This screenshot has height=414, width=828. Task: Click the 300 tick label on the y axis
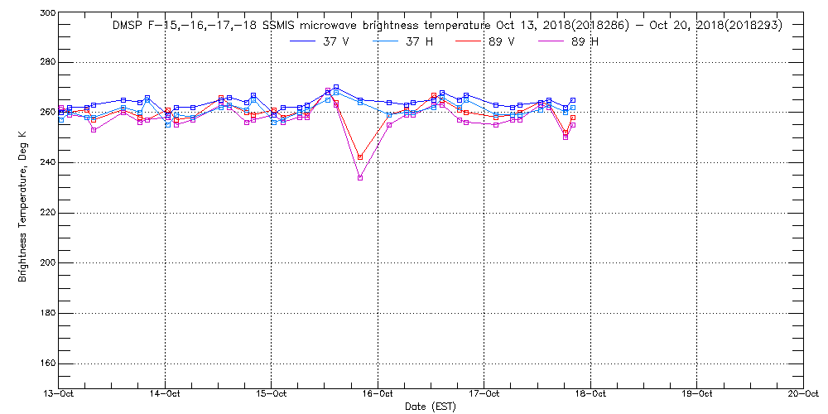47,13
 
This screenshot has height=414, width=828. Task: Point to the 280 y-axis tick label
47,63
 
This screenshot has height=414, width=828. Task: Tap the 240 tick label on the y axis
47,163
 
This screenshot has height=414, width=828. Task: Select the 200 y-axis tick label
47,263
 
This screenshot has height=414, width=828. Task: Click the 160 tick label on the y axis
47,363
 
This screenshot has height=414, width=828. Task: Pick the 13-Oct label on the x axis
60,394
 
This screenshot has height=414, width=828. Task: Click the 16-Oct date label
378,394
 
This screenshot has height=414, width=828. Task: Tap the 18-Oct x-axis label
590,394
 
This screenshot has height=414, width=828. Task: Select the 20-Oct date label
802,394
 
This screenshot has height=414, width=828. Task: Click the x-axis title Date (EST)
431,407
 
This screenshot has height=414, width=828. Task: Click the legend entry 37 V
335,42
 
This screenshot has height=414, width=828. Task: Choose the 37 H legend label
418,42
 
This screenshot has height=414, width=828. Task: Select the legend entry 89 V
501,42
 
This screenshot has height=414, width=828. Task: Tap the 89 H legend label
584,42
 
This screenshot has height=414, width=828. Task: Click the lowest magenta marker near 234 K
359,177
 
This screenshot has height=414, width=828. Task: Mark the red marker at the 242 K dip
359,157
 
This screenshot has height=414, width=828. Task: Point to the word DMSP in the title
128,26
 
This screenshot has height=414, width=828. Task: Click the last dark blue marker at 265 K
572,100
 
